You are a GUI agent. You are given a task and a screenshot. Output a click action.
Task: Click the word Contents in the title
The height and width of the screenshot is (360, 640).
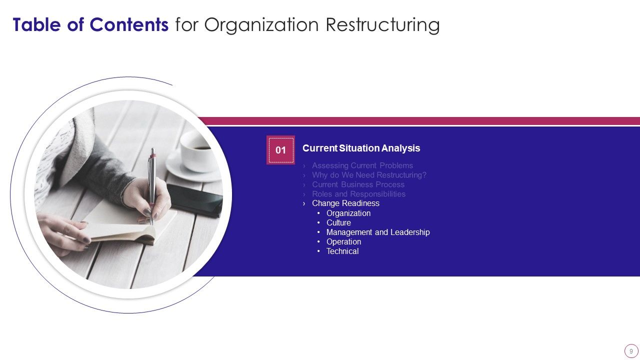pyautogui.click(x=129, y=24)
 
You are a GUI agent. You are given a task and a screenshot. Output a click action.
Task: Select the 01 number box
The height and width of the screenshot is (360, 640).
pyautogui.click(x=280, y=150)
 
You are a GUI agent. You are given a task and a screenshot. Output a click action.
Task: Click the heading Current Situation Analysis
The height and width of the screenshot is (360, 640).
pyautogui.click(x=361, y=148)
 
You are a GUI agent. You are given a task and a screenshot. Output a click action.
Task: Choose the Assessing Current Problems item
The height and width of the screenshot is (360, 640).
pyautogui.click(x=362, y=165)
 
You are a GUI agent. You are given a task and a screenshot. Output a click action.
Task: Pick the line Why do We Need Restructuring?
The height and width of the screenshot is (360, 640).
pyautogui.click(x=369, y=175)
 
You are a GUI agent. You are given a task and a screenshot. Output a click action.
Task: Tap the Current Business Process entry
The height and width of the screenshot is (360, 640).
pyautogui.click(x=358, y=184)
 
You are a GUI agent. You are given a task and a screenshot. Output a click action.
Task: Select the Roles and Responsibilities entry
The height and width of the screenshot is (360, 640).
pyautogui.click(x=358, y=194)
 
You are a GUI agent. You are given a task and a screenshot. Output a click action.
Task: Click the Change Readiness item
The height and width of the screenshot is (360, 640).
pyautogui.click(x=345, y=203)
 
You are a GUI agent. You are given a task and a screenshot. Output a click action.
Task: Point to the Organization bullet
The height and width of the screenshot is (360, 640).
pyautogui.click(x=348, y=213)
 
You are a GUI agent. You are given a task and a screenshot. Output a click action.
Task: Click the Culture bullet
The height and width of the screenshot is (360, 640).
pyautogui.click(x=338, y=222)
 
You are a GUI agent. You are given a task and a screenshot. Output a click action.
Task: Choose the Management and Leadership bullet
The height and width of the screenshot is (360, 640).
pyautogui.click(x=378, y=232)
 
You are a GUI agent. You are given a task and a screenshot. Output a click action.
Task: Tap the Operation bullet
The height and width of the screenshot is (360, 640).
pyautogui.click(x=343, y=241)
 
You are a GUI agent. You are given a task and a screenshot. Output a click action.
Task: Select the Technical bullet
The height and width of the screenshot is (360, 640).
pyautogui.click(x=342, y=251)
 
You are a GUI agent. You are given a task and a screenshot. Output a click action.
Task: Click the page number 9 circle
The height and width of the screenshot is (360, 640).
pyautogui.click(x=631, y=350)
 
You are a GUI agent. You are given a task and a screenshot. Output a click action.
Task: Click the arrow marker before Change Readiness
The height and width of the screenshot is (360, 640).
pyautogui.click(x=304, y=203)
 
